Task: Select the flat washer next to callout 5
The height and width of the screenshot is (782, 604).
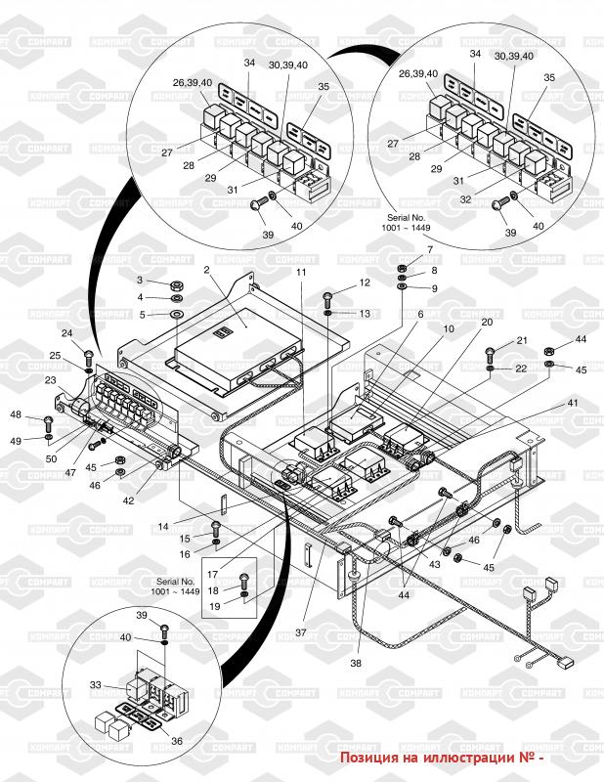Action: [x=177, y=315]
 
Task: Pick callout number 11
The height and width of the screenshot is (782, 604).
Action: [x=301, y=270]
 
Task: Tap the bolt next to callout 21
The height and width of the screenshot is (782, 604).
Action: [x=491, y=351]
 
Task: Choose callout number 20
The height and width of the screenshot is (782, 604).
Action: [x=487, y=322]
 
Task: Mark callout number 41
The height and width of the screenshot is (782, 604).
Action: [x=573, y=402]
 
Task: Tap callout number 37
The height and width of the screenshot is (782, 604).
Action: [x=301, y=632]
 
